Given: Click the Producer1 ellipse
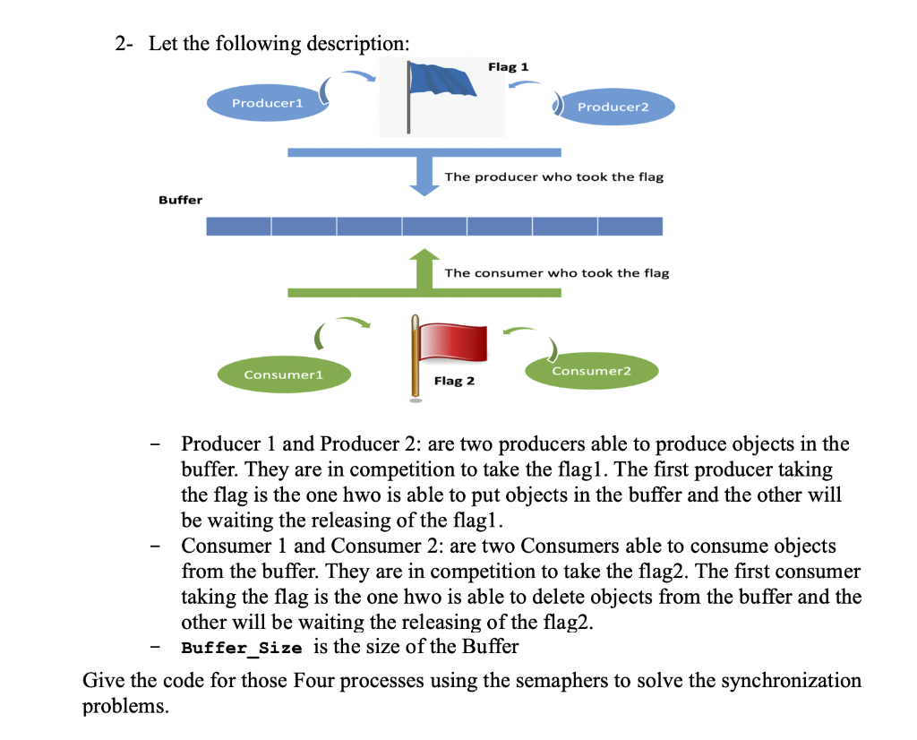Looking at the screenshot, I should [267, 104].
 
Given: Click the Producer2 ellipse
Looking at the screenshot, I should [613, 108].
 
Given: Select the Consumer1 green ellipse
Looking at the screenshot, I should [283, 374].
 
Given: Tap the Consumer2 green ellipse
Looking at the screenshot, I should [591, 371].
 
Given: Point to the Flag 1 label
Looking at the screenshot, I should [508, 67].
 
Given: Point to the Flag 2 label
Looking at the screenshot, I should [454, 382].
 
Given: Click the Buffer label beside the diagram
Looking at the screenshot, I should [180, 200].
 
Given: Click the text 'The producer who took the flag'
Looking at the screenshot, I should [553, 177].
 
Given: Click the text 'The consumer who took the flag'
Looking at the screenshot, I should [556, 273].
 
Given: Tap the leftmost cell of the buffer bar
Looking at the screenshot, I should [238, 226].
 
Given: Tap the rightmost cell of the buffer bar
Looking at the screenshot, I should [630, 226].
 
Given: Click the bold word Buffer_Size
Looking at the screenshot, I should [241, 647].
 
